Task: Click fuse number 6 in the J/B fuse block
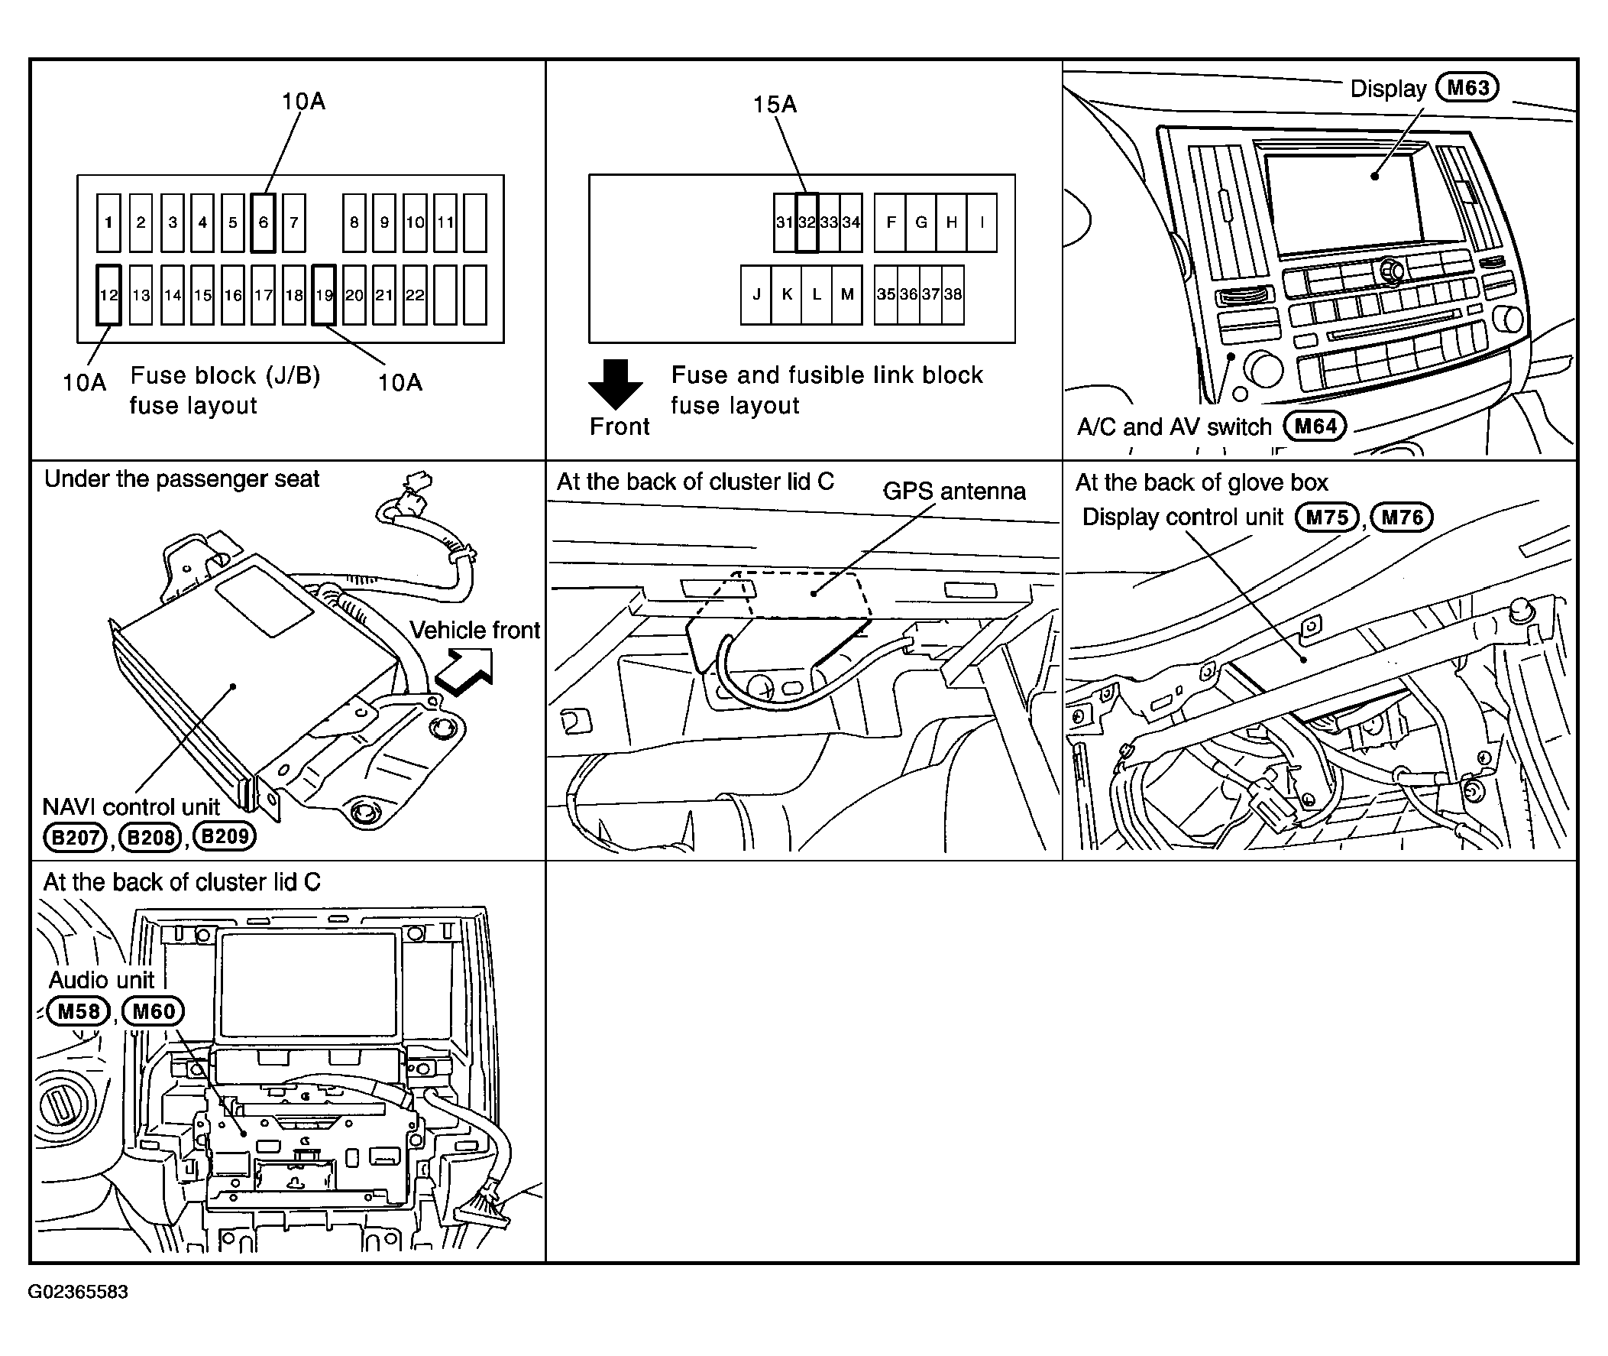click(263, 223)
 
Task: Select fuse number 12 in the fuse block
click(109, 295)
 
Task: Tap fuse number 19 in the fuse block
click(324, 295)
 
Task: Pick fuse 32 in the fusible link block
click(807, 223)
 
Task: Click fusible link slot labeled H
click(952, 223)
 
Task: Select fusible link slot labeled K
click(787, 295)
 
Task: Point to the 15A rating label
click(775, 104)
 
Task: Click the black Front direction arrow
click(616, 384)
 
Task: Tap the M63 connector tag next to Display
click(1467, 88)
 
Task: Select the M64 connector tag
click(1315, 427)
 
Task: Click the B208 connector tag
click(150, 836)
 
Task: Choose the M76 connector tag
click(1403, 517)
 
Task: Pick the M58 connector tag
click(79, 1011)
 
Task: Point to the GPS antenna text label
click(954, 491)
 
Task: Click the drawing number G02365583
click(78, 1292)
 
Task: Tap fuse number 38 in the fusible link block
click(953, 295)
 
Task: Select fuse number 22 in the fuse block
click(415, 295)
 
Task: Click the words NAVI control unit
click(131, 807)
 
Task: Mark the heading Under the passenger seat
click(181, 479)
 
